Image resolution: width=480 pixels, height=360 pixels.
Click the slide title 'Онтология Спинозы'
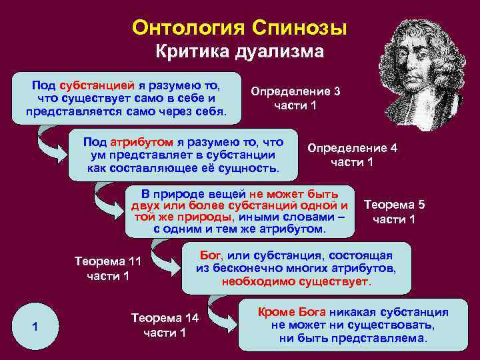coord(239,27)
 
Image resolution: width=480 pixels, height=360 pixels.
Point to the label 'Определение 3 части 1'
coord(295,98)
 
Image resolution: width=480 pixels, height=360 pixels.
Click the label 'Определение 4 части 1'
coord(352,155)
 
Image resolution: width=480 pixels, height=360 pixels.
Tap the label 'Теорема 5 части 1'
coord(393,211)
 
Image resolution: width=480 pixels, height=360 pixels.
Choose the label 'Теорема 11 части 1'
coord(108,269)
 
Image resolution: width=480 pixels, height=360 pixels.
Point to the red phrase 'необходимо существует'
coord(296,281)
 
